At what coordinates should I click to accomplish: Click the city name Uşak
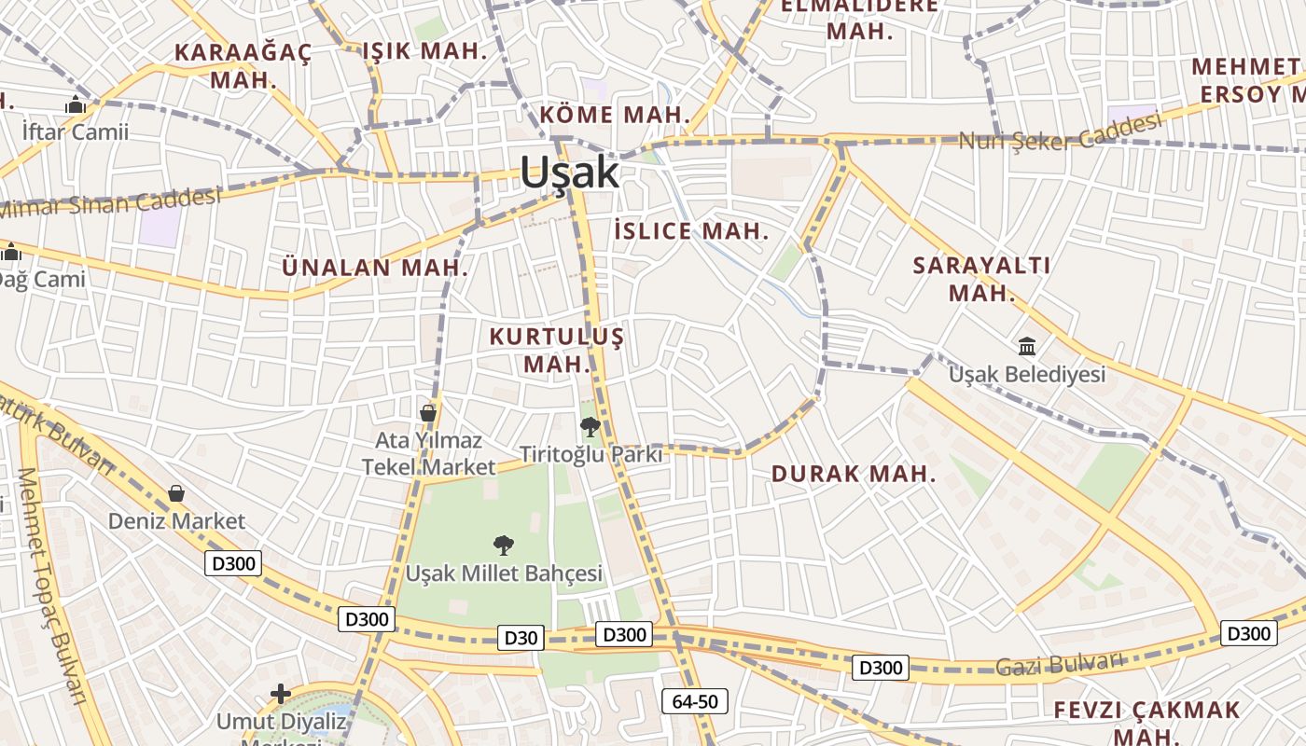pyautogui.click(x=569, y=173)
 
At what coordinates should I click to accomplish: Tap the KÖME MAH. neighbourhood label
pyautogui.click(x=616, y=116)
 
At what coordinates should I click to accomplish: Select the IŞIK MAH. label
pyautogui.click(x=424, y=51)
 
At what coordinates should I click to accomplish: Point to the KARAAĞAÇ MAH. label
pyautogui.click(x=243, y=65)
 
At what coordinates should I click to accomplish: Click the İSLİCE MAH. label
pyautogui.click(x=692, y=231)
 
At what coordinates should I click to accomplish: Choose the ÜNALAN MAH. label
pyautogui.click(x=375, y=268)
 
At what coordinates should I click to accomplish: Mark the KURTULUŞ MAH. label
pyautogui.click(x=557, y=350)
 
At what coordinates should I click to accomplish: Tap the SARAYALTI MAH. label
pyautogui.click(x=981, y=278)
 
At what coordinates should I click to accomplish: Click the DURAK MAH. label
pyautogui.click(x=853, y=474)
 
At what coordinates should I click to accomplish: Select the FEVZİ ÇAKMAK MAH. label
pyautogui.click(x=1147, y=723)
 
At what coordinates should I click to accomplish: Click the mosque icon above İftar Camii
pyautogui.click(x=76, y=105)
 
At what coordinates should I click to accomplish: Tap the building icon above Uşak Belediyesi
pyautogui.click(x=1027, y=347)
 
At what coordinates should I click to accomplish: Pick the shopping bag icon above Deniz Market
pyautogui.click(x=176, y=493)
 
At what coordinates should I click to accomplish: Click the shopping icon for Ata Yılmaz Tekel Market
pyautogui.click(x=428, y=412)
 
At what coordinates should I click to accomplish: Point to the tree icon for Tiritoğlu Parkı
pyautogui.click(x=590, y=427)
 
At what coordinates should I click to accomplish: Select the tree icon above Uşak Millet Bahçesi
pyautogui.click(x=504, y=546)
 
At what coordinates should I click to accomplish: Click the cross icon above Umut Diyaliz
pyautogui.click(x=281, y=694)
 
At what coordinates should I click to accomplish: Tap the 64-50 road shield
pyautogui.click(x=694, y=701)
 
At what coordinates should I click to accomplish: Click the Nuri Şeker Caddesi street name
pyautogui.click(x=1061, y=132)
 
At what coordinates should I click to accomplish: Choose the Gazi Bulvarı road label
pyautogui.click(x=1060, y=664)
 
